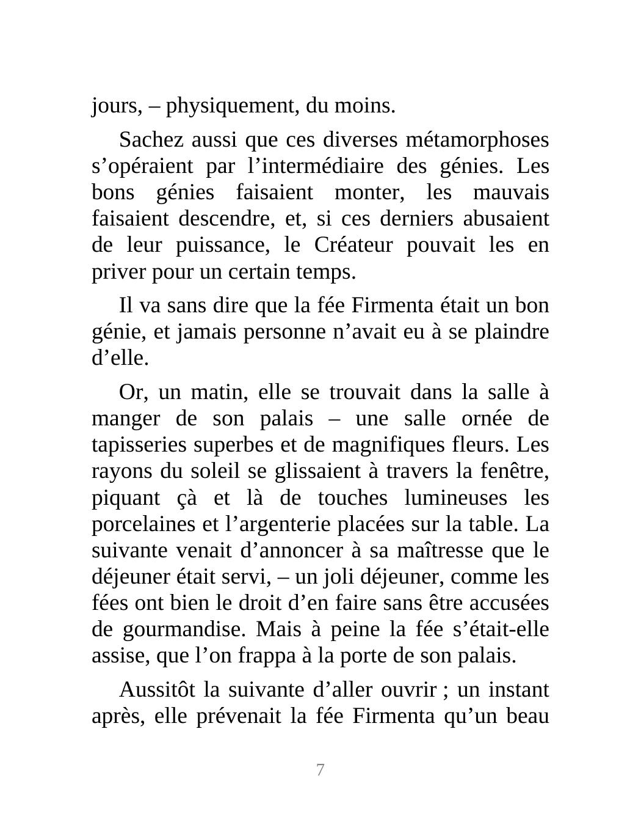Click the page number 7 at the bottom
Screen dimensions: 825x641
point(320,770)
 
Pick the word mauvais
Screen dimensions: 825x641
point(511,193)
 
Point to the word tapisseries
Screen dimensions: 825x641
point(140,445)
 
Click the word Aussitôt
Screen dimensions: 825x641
point(158,689)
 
